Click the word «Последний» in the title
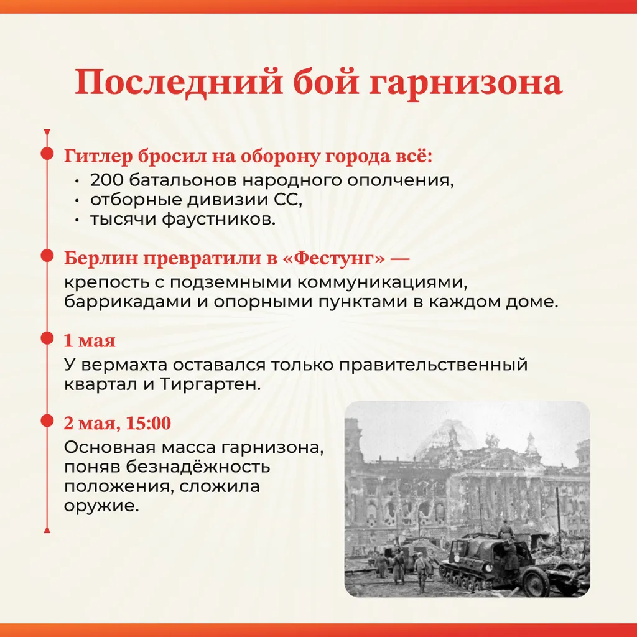[x=179, y=83]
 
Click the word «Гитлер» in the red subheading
[x=98, y=156]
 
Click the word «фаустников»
[x=218, y=219]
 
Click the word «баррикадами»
[x=127, y=301]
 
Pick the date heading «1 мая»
[x=90, y=340]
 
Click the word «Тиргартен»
[x=210, y=383]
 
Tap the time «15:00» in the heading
[x=148, y=423]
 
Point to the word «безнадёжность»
[x=197, y=467]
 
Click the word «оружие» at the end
[x=101, y=506]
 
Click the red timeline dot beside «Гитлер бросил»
[x=47, y=154]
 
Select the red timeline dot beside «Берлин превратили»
[x=47, y=256]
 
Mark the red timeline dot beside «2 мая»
[x=47, y=421]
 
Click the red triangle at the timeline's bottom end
[x=47, y=530]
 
